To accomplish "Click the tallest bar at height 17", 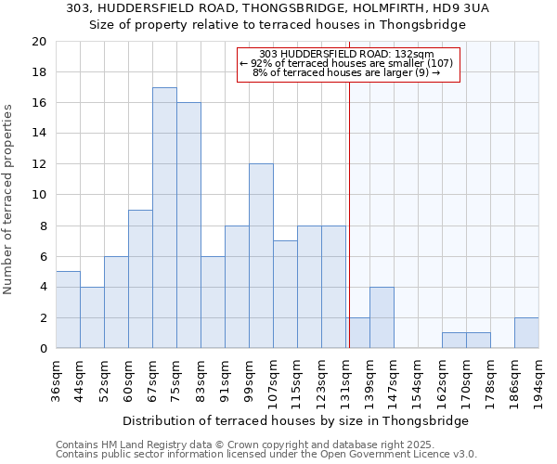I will coord(164,218).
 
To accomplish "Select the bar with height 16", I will coord(188,226).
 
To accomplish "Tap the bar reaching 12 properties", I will coord(261,256).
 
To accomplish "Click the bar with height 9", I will coord(140,279).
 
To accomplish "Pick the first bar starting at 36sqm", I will coord(68,310).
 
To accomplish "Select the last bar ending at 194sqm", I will coord(526,333).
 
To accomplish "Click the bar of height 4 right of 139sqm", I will coord(382,317).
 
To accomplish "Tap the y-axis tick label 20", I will coord(38,42).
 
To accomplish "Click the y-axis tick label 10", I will coord(38,195).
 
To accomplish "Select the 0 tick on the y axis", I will coord(42,349).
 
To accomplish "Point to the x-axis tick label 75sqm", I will coord(176,379).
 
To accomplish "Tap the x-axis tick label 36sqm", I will coord(56,379).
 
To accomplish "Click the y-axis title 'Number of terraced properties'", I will coord(9,199).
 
